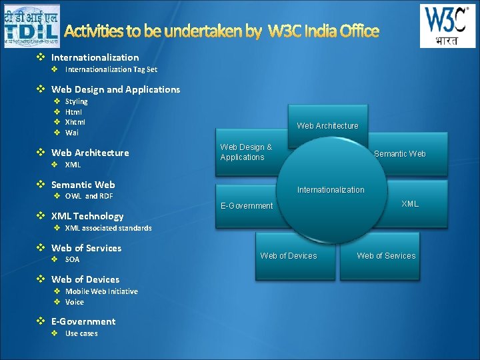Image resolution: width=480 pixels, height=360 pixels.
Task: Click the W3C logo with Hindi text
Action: [447, 25]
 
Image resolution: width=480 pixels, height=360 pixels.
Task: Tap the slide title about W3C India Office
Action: [222, 31]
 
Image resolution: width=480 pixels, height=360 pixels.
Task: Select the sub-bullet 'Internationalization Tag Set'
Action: [111, 69]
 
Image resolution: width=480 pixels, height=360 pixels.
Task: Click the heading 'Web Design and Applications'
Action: [115, 89]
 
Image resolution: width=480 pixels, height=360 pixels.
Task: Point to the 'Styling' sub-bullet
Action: [76, 101]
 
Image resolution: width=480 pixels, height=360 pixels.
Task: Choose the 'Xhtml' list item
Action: [75, 122]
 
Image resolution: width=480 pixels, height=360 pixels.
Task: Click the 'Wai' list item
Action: [72, 133]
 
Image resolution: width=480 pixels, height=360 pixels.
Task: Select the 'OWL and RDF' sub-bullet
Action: [89, 196]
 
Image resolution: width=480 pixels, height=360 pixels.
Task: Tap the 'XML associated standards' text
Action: [108, 228]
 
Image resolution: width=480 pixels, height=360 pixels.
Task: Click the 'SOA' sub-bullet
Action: [72, 259]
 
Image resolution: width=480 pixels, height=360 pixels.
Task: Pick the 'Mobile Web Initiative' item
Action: [101, 291]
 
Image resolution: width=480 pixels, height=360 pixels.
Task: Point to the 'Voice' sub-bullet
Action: [75, 302]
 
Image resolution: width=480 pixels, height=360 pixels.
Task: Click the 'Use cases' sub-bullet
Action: [81, 333]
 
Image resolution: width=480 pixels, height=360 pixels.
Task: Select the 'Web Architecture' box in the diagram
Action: [327, 125]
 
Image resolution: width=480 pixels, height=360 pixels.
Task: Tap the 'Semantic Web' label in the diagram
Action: [399, 154]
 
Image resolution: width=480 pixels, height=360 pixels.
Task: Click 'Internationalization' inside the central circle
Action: [331, 190]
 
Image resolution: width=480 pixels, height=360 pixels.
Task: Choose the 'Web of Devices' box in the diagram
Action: [289, 256]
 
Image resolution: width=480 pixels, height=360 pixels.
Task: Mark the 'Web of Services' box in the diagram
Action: [386, 256]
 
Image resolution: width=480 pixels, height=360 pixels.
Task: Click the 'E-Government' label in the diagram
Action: [247, 206]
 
